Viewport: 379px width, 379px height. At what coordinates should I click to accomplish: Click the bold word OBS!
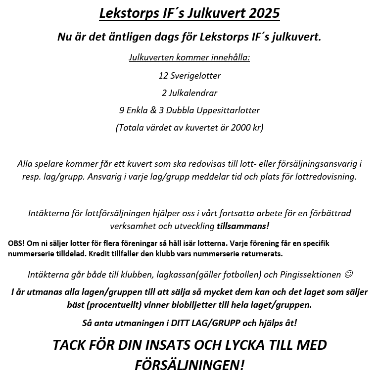click(16, 243)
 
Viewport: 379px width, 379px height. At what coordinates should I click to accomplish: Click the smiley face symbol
click(348, 274)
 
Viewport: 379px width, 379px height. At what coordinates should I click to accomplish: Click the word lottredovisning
click(326, 177)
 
